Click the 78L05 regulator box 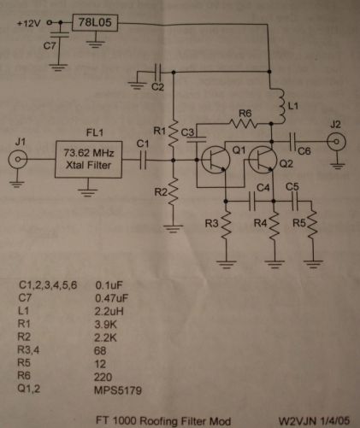(x=95, y=22)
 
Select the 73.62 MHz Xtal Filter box (x=89, y=159)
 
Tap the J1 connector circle (x=18, y=160)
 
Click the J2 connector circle (x=336, y=142)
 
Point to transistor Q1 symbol (x=215, y=160)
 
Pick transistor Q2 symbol (x=263, y=160)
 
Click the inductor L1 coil (x=280, y=106)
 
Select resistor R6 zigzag (x=244, y=124)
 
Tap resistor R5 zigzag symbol (x=312, y=224)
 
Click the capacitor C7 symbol (x=60, y=35)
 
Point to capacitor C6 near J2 (x=292, y=142)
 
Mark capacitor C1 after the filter (x=143, y=160)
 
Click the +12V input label (x=29, y=23)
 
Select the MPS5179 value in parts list (x=118, y=390)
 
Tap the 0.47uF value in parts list (x=112, y=298)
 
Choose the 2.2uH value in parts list (x=109, y=311)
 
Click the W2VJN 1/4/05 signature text (x=314, y=420)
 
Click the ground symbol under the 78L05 (x=95, y=44)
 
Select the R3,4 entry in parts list (x=28, y=349)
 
